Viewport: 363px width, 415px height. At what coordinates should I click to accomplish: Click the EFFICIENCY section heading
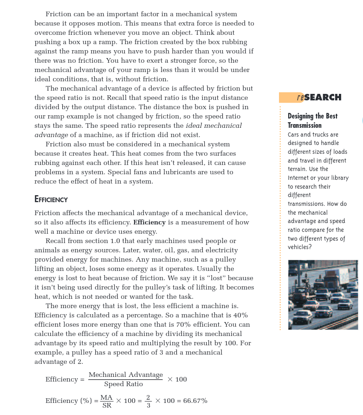pos(51,199)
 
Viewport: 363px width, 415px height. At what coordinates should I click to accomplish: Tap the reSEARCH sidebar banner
pos(319,98)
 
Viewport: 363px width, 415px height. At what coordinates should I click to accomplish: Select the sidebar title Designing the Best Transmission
pos(312,120)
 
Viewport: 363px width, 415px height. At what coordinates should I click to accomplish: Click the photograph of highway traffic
pos(323,295)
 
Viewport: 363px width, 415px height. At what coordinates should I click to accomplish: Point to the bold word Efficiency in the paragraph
pos(149,222)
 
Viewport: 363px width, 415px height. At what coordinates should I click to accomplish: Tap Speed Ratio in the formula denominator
pos(123,384)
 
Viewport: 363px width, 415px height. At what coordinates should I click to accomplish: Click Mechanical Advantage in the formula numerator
pos(126,375)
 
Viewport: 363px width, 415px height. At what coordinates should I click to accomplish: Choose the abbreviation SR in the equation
pos(107,405)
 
